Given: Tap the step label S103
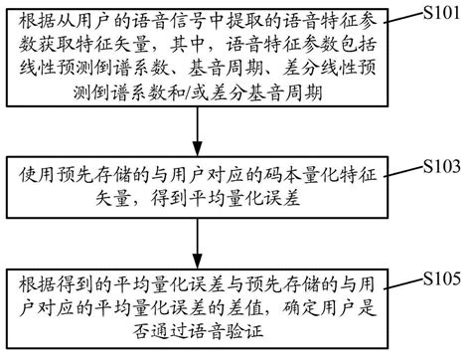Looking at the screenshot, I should point(439,162).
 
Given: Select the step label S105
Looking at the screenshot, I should point(439,271).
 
